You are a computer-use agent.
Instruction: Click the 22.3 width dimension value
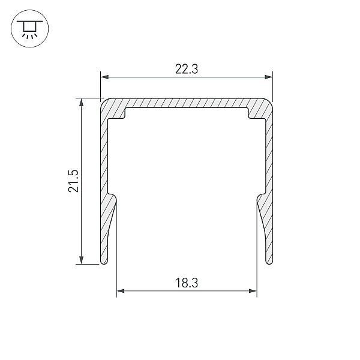(x=187, y=69)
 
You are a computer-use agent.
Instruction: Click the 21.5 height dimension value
(x=73, y=181)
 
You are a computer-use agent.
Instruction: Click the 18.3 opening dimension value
(x=187, y=283)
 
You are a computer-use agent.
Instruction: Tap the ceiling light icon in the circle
(x=29, y=28)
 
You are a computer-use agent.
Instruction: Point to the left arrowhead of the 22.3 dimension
(x=104, y=77)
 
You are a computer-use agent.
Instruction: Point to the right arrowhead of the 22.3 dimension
(x=269, y=77)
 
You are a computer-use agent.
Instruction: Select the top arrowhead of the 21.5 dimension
(x=81, y=103)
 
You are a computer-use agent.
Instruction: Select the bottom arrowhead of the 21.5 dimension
(x=81, y=260)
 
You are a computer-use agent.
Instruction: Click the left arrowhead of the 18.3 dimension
(x=121, y=291)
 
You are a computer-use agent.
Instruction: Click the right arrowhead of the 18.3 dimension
(x=253, y=291)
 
